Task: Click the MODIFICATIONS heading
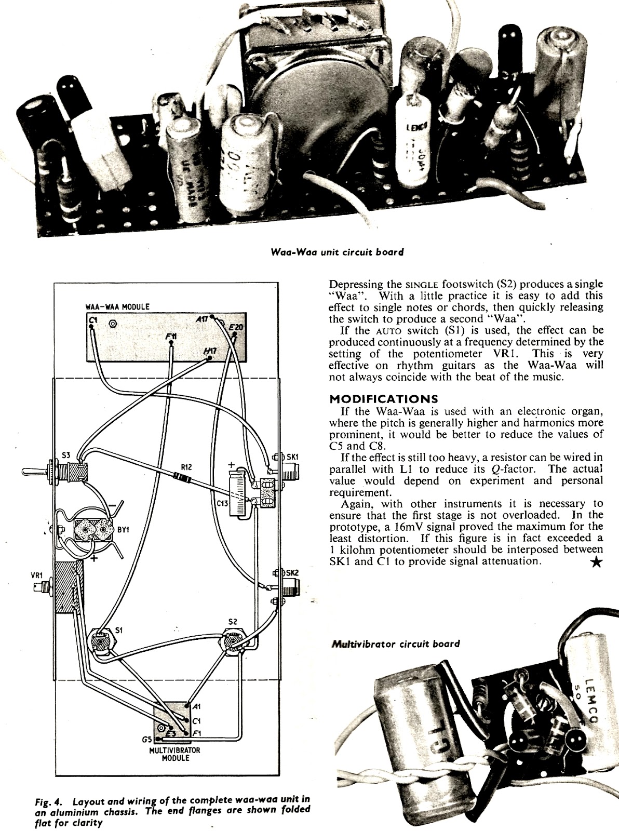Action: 384,399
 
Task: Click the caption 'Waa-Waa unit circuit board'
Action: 337,252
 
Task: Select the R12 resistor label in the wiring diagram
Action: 186,467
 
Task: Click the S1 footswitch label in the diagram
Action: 119,631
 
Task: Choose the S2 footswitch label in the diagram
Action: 233,621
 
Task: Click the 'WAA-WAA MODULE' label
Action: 117,306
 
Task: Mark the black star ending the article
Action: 597,562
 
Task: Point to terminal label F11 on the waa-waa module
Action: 171,337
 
